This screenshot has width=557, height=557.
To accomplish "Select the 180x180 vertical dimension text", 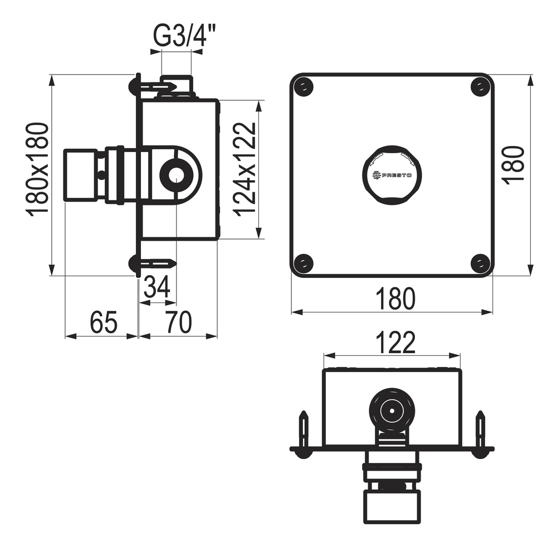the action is pyautogui.click(x=37, y=169).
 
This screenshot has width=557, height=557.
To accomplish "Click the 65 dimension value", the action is pyautogui.click(x=104, y=322).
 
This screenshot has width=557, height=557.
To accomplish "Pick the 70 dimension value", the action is pyautogui.click(x=179, y=322).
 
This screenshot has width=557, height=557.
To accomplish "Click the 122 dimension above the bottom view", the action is pyautogui.click(x=395, y=343).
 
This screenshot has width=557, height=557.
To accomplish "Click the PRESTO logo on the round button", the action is pyautogui.click(x=392, y=175).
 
